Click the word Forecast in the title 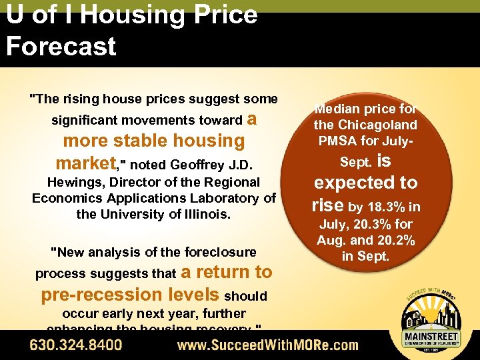pos(61,46)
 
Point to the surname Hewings pos(73,182)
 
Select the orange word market pos(86,163)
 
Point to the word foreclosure pos(219,252)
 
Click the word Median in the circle pos(337,109)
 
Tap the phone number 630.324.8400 pos(75,345)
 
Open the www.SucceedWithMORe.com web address pos(267,345)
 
